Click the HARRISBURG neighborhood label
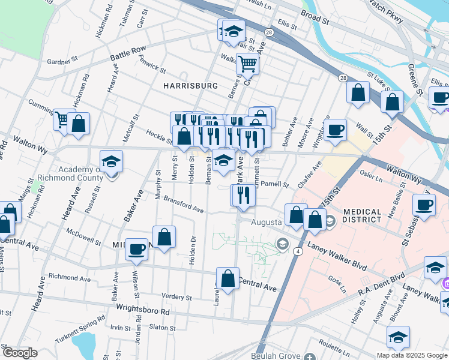190,86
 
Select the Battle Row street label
128,53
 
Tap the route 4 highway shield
298,251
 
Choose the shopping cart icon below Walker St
247,63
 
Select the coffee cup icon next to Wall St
335,128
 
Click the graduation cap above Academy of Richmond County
111,161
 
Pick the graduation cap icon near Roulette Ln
397,337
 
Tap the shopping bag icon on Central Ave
228,278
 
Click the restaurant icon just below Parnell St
244,194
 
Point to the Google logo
19,353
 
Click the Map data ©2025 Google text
412,355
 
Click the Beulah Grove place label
276,356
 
